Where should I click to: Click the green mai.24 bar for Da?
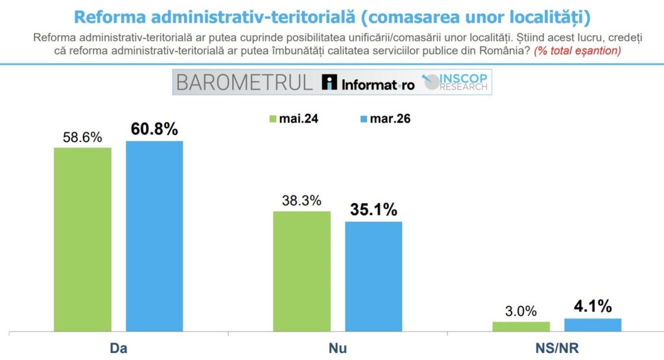pyautogui.click(x=82, y=239)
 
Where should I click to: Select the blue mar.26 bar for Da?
pyautogui.click(x=154, y=235)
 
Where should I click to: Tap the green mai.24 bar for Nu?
pyautogui.click(x=302, y=270)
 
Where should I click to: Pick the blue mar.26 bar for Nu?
pyautogui.click(x=373, y=276)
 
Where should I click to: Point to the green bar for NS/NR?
pyautogui.click(x=521, y=326)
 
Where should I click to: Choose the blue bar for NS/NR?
pyautogui.click(x=593, y=324)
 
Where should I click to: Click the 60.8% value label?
pyautogui.click(x=154, y=129)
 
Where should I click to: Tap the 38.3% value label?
pyautogui.click(x=302, y=200)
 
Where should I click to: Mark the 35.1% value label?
pyautogui.click(x=373, y=210)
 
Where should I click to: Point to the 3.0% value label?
pyautogui.click(x=521, y=311)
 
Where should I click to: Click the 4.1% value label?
pyautogui.click(x=593, y=306)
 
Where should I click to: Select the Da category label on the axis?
pyautogui.click(x=118, y=348)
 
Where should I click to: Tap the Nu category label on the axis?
pyautogui.click(x=337, y=348)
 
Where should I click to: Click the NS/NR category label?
pyautogui.click(x=557, y=348)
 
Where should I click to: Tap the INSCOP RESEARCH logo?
pyautogui.click(x=458, y=82)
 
